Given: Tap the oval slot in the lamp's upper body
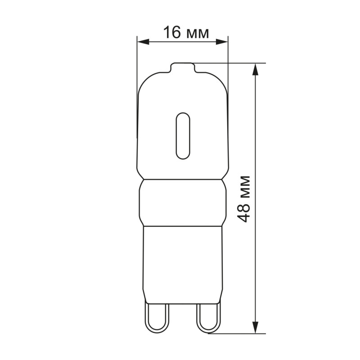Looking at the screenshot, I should [182, 135].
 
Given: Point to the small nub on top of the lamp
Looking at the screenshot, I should [182, 67].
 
